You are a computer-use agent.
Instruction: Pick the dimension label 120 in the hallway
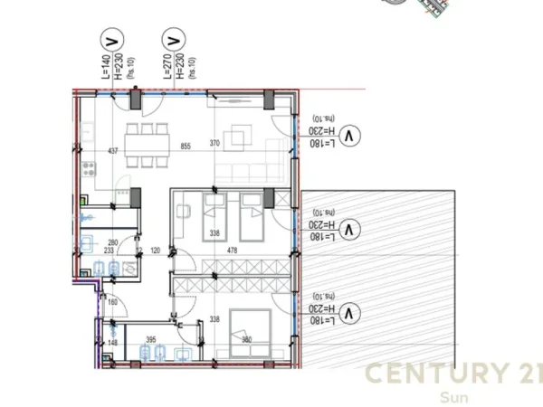point(156,251)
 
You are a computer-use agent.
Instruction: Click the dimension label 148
point(112,343)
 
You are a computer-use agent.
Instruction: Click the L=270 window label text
point(167,69)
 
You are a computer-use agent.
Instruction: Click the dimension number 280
point(114,242)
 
